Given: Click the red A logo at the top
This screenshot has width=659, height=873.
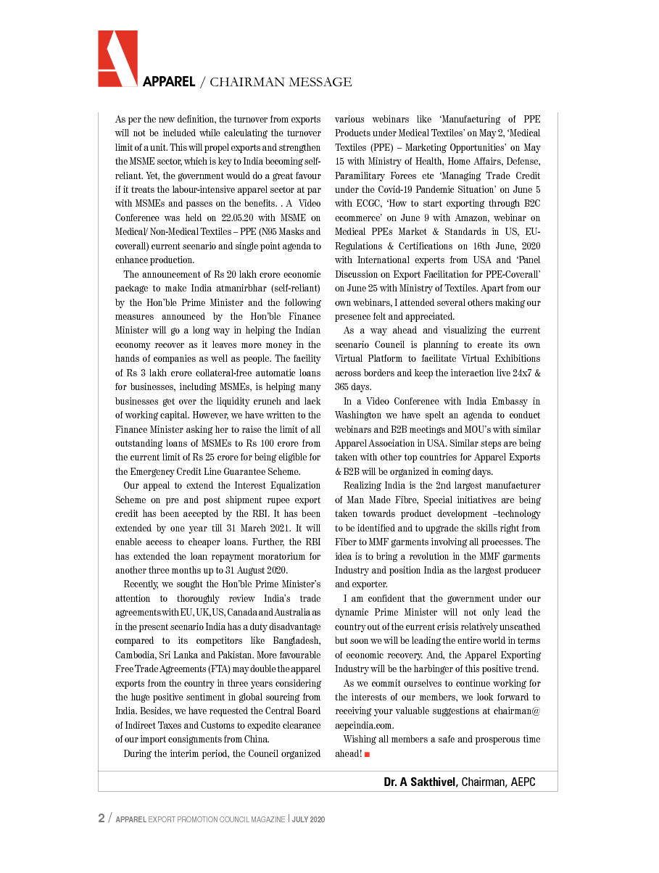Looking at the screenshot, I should click(x=117, y=59).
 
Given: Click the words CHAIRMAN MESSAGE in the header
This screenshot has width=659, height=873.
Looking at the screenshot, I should click(x=281, y=82).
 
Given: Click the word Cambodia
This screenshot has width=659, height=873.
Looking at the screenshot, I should click(x=137, y=655).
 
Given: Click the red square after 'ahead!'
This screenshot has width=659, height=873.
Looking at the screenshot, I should click(x=368, y=755).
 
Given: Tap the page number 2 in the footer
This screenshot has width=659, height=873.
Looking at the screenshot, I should click(x=101, y=819).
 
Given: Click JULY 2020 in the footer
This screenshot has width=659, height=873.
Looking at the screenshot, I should click(x=308, y=819).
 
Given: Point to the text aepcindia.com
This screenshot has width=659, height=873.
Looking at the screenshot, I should click(x=364, y=724).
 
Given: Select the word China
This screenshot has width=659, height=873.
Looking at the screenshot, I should click(x=255, y=740).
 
